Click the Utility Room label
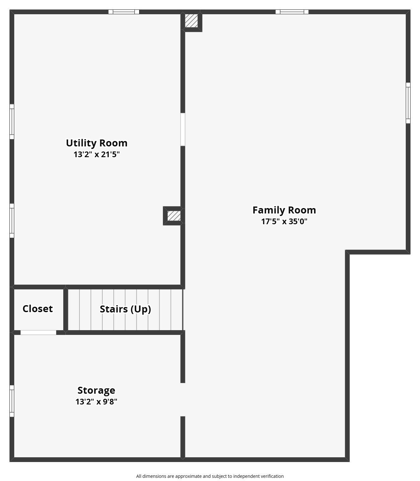coord(96,143)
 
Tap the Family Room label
coord(284,210)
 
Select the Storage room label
coord(96,391)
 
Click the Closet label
coord(38,309)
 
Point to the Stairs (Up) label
coord(125,309)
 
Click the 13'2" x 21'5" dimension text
coord(96,154)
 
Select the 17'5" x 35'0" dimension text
coord(284,221)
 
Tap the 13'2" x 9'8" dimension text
coord(96,402)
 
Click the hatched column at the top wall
coord(191,21)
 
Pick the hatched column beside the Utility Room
coord(174,216)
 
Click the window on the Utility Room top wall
coord(124,12)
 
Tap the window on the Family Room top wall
coord(292,12)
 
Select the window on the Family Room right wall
coord(408,103)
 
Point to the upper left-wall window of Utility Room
coord(12,121)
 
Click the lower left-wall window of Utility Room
coord(12,221)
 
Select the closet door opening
coord(38,332)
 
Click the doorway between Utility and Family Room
coord(182,129)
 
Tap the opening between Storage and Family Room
coord(182,400)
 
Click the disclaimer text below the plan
coord(210,476)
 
